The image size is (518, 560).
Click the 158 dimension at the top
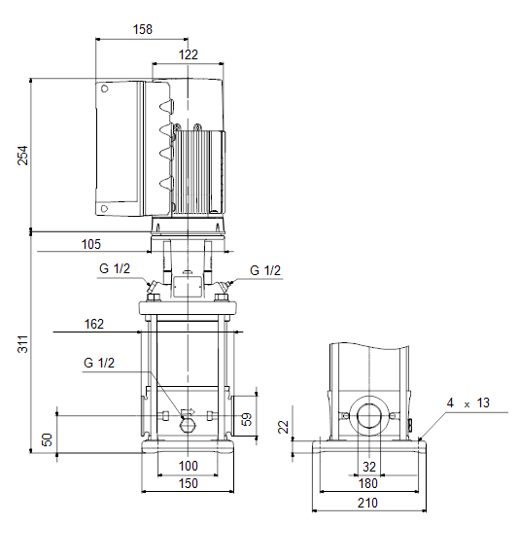(143, 29)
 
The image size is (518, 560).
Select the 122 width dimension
(189, 54)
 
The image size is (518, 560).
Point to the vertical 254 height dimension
(23, 155)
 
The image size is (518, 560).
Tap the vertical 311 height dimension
(23, 344)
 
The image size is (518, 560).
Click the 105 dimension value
(91, 244)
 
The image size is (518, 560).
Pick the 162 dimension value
(94, 324)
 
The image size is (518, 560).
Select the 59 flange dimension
(247, 419)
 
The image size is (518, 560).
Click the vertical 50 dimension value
(47, 439)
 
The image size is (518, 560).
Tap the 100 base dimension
(189, 466)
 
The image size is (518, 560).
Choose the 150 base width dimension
(189, 483)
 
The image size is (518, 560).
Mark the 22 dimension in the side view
(284, 427)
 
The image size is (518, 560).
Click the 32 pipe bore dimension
(369, 467)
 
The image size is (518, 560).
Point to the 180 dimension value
(367, 483)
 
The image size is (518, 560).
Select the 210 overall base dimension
(367, 503)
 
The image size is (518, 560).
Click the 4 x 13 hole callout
(468, 403)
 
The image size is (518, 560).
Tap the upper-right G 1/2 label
(265, 270)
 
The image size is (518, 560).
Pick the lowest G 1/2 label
(99, 363)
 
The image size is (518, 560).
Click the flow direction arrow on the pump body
(189, 412)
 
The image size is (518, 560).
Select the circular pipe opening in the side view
(369, 416)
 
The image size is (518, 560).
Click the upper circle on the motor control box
(104, 88)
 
